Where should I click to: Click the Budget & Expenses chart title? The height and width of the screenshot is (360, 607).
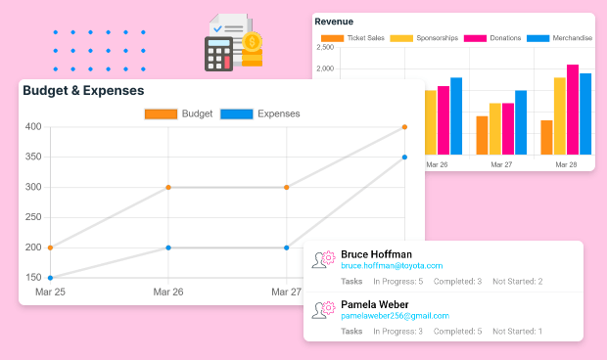click(x=83, y=91)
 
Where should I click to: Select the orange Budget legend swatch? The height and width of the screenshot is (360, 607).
click(x=161, y=113)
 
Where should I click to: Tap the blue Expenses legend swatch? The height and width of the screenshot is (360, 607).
click(x=236, y=113)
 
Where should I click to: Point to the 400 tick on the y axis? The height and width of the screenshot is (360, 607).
click(x=33, y=127)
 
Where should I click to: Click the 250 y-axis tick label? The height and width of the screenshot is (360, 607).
click(x=33, y=217)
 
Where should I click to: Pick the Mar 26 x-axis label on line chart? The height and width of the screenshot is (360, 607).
click(x=168, y=292)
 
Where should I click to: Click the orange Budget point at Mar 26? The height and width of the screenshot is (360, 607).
click(x=168, y=187)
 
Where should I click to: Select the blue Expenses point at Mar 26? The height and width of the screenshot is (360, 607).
click(x=168, y=247)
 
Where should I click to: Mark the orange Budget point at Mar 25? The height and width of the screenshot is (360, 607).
click(x=50, y=247)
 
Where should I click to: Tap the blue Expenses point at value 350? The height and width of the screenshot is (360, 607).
click(x=404, y=157)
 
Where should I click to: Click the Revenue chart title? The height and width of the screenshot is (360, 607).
click(x=334, y=22)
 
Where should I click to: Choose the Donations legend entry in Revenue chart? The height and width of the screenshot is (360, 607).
click(x=493, y=38)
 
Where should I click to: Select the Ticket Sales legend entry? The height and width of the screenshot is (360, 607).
click(x=352, y=38)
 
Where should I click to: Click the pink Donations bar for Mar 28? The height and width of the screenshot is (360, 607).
click(x=573, y=110)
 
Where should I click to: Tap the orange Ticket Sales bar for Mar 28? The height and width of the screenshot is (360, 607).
click(x=546, y=137)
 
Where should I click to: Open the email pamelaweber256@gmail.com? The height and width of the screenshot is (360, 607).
click(x=395, y=316)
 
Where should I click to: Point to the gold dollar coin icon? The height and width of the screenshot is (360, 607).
click(x=253, y=43)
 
